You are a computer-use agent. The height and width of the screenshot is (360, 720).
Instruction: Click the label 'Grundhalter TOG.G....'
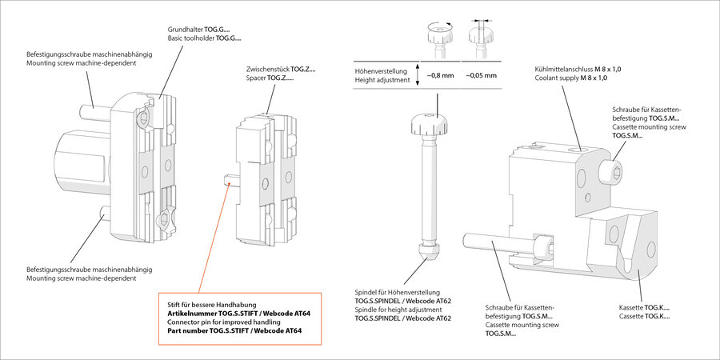tap(204, 28)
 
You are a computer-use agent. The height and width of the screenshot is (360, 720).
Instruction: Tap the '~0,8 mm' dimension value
tap(440, 75)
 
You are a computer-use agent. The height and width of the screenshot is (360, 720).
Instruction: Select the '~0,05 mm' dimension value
tap(481, 75)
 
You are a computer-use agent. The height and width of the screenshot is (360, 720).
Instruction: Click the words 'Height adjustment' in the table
tap(382, 81)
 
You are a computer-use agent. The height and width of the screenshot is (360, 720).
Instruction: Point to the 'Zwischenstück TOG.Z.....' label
tap(281, 70)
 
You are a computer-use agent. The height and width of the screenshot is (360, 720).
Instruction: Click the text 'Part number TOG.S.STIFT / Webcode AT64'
tap(234, 331)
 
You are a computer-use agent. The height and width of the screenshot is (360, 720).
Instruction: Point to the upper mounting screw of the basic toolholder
tap(93, 104)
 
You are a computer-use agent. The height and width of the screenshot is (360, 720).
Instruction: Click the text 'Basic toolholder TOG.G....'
tap(204, 38)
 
